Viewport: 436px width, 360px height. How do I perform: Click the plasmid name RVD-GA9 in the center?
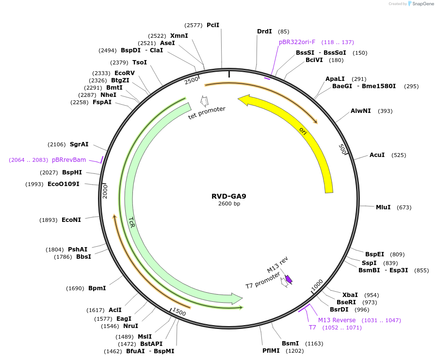(228, 196)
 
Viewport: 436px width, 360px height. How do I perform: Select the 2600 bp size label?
(229, 204)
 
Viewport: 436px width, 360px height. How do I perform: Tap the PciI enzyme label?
(213, 25)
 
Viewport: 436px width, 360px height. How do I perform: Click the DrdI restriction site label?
(264, 31)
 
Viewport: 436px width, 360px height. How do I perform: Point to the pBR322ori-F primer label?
(297, 42)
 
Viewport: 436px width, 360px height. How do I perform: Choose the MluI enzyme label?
(383, 207)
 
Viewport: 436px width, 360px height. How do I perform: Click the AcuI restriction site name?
(377, 155)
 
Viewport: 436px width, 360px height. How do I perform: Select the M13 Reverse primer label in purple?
(337, 320)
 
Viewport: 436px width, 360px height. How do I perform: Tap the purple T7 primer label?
(312, 328)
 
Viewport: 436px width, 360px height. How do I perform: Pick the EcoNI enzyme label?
(71, 220)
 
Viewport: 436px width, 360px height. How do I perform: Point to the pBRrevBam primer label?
(69, 160)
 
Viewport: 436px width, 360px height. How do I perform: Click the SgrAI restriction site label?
(79, 144)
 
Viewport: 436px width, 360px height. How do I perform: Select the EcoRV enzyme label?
(125, 73)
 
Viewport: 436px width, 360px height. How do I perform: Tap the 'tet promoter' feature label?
(207, 115)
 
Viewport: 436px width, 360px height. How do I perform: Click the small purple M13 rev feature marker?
(289, 279)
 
